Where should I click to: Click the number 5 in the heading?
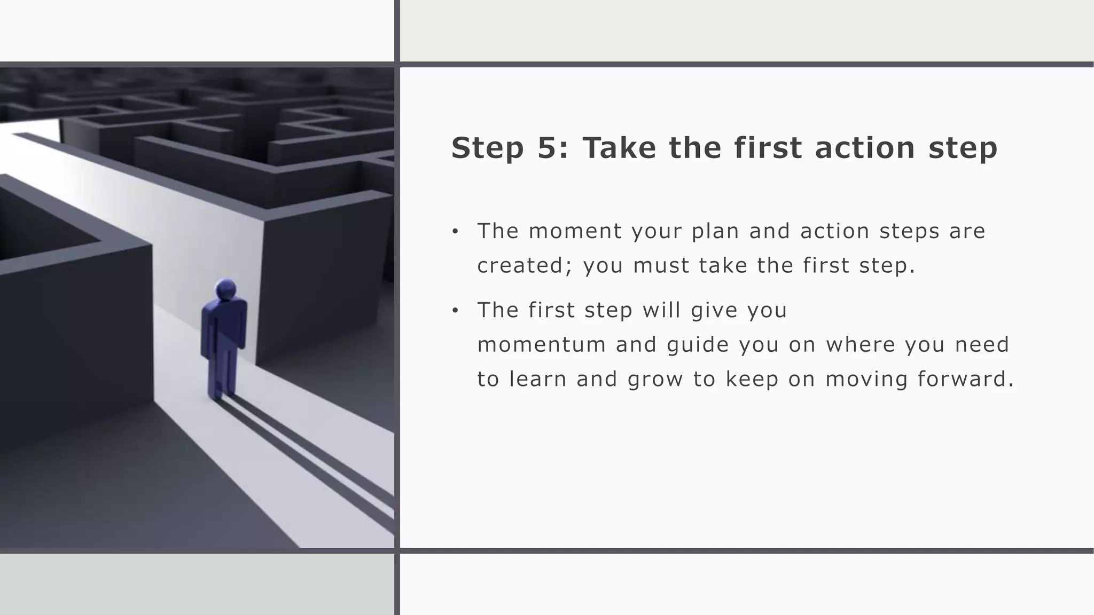click(x=547, y=148)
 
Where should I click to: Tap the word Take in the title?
click(x=619, y=148)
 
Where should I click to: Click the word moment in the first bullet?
click(x=575, y=231)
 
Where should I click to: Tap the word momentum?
click(x=541, y=345)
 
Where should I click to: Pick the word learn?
click(x=538, y=379)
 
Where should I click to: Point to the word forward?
click(x=965, y=379)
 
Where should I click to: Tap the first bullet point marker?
click(x=455, y=232)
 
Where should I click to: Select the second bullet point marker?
click(x=455, y=311)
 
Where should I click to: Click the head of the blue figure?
click(x=225, y=290)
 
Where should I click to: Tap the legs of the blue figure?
click(x=223, y=371)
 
